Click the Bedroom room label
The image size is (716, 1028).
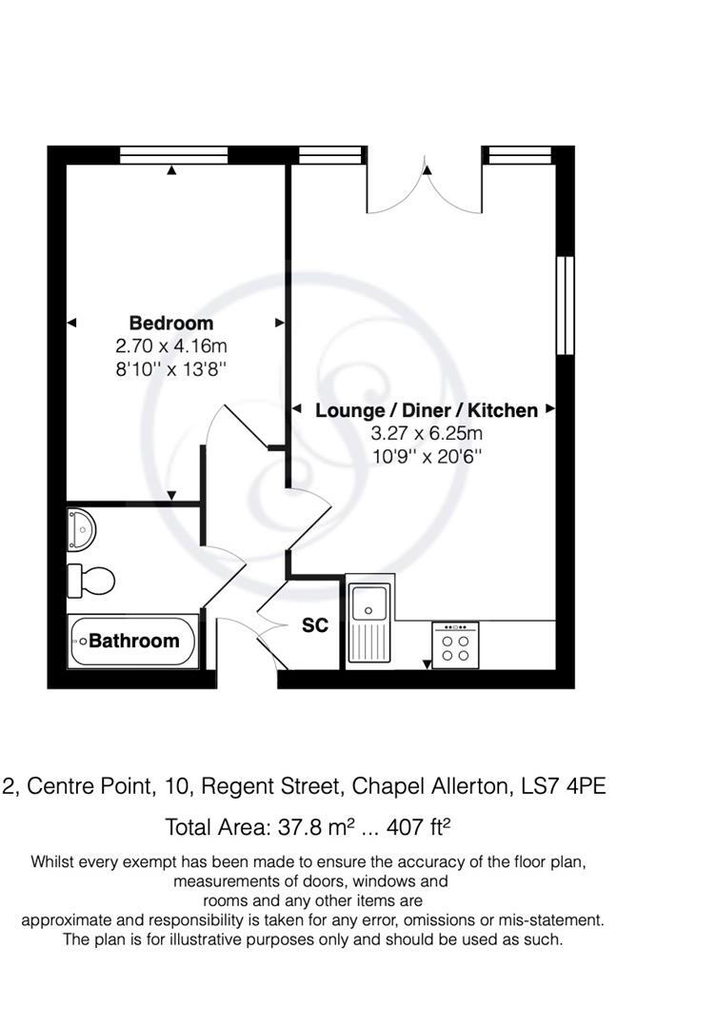171,323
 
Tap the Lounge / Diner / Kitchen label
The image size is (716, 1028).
426,411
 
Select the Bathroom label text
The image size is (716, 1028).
134,641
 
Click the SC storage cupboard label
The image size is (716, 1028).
315,625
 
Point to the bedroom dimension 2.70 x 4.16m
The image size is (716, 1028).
171,346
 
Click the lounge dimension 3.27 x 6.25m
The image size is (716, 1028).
426,434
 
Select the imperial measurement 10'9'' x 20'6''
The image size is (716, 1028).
426,456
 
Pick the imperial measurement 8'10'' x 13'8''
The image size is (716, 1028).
171,367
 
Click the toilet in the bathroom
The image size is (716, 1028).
90,578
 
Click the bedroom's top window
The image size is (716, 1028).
173,155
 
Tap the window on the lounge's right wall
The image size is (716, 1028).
566,305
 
